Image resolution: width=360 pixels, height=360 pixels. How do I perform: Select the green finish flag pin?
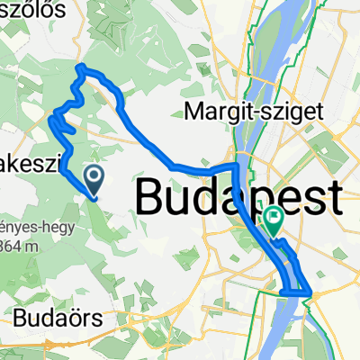point(273,218)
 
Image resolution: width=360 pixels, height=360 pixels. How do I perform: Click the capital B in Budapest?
point(154,195)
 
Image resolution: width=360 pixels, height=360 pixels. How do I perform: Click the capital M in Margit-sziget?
point(192,112)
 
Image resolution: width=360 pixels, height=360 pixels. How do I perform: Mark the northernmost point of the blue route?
point(80,67)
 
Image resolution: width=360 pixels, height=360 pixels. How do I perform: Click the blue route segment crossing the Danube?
point(297,292)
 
